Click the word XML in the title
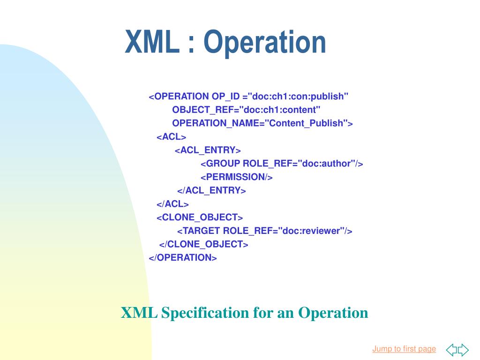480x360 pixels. tap(152, 43)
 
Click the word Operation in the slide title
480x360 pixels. tap(264, 43)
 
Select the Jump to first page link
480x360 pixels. tap(404, 349)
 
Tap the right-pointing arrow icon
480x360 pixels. tap(463, 350)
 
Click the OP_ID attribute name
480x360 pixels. tap(225, 97)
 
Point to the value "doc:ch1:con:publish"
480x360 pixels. tap(299, 97)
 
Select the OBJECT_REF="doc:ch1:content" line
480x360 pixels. tap(246, 110)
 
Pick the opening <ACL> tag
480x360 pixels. tap(171, 137)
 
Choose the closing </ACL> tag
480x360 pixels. tap(172, 204)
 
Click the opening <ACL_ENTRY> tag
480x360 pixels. tap(208, 150)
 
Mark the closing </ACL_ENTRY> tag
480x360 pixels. tap(211, 191)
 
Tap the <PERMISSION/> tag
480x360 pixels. tap(236, 177)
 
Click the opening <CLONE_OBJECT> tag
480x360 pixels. tap(199, 217)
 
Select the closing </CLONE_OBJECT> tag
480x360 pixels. tap(203, 244)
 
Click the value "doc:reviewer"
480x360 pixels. tap(312, 231)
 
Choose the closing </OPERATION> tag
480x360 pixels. tap(183, 258)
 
